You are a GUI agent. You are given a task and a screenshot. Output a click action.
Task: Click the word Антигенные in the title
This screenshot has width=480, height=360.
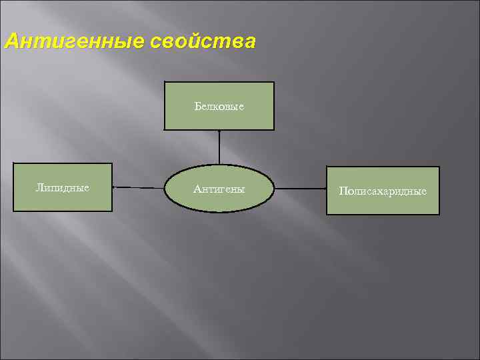[x=73, y=42]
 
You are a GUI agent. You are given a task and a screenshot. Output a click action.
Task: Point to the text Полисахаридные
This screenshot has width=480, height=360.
[x=383, y=191]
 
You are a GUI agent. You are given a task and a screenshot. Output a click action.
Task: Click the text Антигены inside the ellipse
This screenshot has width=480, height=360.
[x=219, y=189]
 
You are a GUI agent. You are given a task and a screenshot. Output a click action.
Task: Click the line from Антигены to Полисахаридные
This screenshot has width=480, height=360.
[x=300, y=189]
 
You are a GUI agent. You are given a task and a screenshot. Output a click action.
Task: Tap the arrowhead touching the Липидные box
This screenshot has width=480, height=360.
[x=115, y=188]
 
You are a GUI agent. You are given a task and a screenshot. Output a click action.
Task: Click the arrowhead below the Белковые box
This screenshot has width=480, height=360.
[x=219, y=132]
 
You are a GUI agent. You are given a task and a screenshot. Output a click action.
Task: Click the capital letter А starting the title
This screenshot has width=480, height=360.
[x=11, y=42]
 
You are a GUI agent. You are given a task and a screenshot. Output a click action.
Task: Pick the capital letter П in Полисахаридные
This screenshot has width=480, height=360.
[x=342, y=191]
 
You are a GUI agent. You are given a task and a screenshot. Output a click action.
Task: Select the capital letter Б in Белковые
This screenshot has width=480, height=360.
[x=198, y=106]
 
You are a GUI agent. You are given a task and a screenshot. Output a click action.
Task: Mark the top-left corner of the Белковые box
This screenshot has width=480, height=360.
[x=165, y=82]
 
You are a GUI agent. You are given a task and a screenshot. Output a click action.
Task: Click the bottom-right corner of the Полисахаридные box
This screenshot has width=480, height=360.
[x=439, y=214]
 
